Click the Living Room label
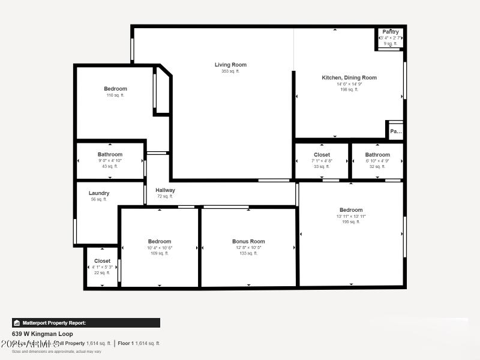tap(230, 65)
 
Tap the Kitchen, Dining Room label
tap(349, 77)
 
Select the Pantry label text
tap(391, 32)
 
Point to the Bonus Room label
tap(248, 241)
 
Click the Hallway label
tap(165, 190)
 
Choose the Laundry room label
tap(99, 193)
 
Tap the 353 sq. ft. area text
tap(230, 71)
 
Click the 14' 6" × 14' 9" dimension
tap(349, 84)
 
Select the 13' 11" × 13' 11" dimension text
tap(351, 216)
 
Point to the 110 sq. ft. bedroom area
tap(115, 95)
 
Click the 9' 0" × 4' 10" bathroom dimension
tap(110, 160)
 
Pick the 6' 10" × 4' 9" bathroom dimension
tap(377, 160)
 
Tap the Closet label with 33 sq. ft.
tap(322, 154)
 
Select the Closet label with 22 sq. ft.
tap(102, 261)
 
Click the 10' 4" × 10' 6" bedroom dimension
tap(160, 247)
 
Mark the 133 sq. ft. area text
tap(248, 253)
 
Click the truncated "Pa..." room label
tap(395, 131)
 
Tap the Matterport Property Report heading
tap(54, 323)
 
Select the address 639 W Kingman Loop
tap(42, 334)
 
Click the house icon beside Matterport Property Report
tap(17, 323)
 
